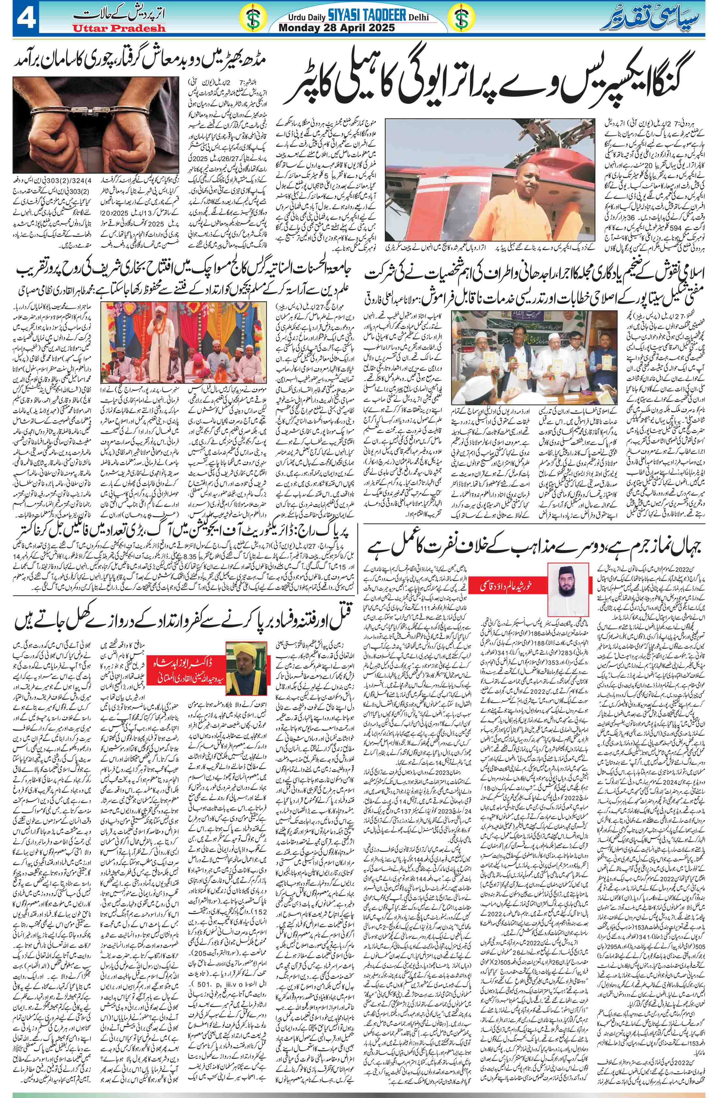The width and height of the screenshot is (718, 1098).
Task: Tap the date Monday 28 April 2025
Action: (337, 28)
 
